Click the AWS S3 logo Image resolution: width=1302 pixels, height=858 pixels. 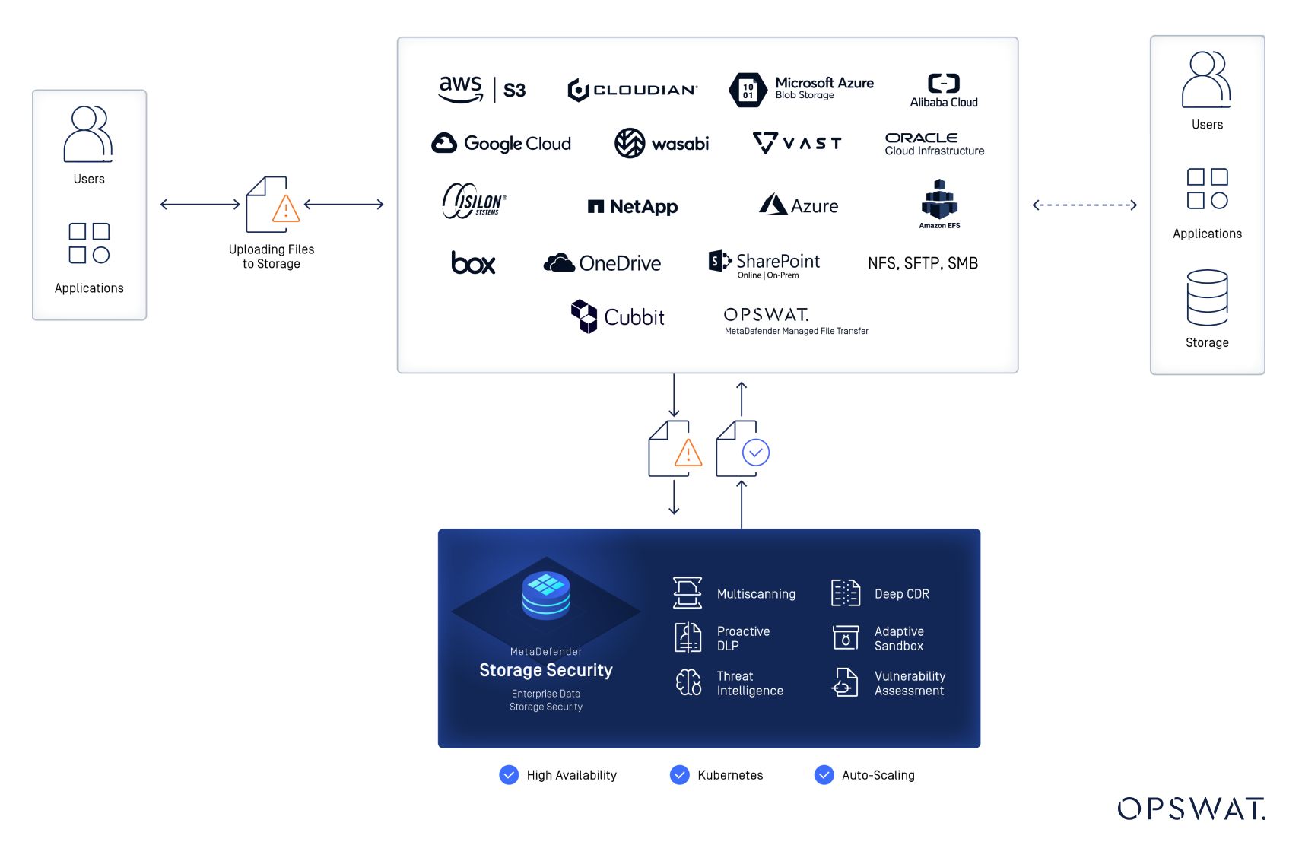coord(482,90)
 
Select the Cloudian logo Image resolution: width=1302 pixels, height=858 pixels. coord(632,90)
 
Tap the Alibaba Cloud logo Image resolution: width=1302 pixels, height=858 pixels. coord(943,91)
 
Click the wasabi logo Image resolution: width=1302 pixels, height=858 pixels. coord(661,143)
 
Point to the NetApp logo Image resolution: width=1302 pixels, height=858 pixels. coord(632,206)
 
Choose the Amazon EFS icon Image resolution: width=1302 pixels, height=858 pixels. coord(939,202)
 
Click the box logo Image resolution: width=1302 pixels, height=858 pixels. coord(473,262)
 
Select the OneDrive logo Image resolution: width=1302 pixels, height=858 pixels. coord(602,263)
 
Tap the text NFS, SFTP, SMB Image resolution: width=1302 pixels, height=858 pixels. coord(923,263)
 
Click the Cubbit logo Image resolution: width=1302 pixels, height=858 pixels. coord(617,316)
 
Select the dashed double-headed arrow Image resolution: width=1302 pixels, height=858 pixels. coord(1084,205)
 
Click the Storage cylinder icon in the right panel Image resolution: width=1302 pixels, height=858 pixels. coord(1207,297)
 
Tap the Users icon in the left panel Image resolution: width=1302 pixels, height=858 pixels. coord(88,135)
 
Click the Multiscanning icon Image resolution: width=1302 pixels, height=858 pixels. coord(687,593)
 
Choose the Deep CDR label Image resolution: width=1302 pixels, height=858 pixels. coord(901,594)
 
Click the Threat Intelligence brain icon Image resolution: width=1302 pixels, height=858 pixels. coord(688,682)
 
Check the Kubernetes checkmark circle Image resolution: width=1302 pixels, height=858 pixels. coord(679,774)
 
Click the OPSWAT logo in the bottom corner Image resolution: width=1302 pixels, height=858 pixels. coord(1191,809)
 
